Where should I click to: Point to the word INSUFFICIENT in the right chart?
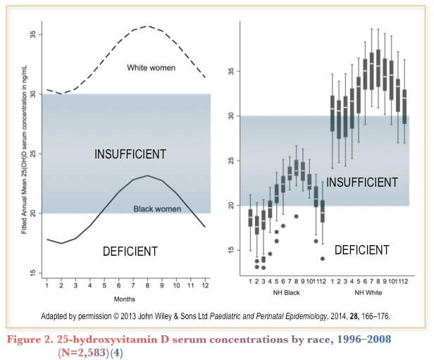click(362, 182)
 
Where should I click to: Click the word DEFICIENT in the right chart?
click(361, 249)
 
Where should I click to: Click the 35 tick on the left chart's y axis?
click(33, 35)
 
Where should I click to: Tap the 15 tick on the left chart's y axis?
click(33, 273)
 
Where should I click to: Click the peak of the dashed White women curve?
click(146, 26)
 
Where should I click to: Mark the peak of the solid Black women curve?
click(146, 175)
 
